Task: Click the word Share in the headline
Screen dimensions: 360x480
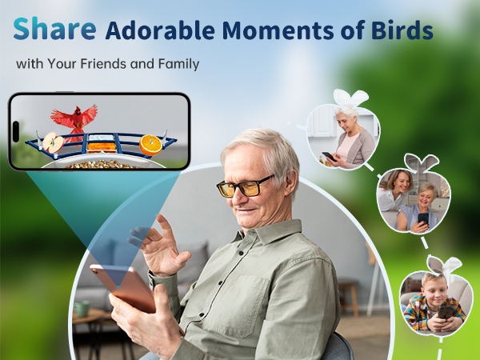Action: pyautogui.click(x=55, y=29)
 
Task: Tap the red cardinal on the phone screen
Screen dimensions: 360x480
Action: pyautogui.click(x=74, y=118)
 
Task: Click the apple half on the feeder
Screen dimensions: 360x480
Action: pyautogui.click(x=53, y=144)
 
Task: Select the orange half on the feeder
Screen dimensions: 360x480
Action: pyautogui.click(x=150, y=145)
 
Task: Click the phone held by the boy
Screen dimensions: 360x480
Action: pyautogui.click(x=442, y=311)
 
